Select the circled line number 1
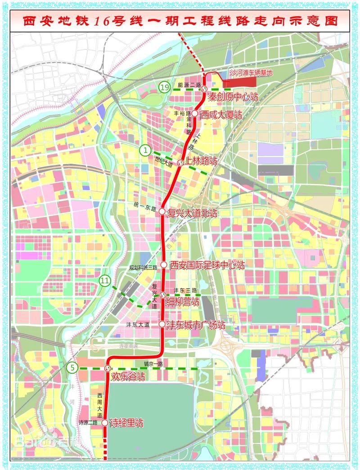(145, 150)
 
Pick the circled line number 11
(105, 282)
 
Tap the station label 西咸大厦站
(221, 115)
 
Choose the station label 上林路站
(201, 161)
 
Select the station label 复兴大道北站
(192, 213)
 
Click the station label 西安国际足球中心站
(207, 265)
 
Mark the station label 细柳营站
(183, 302)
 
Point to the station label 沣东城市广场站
(196, 325)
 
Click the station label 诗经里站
(126, 423)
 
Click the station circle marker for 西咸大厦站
(195, 114)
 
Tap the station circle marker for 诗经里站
(105, 423)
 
